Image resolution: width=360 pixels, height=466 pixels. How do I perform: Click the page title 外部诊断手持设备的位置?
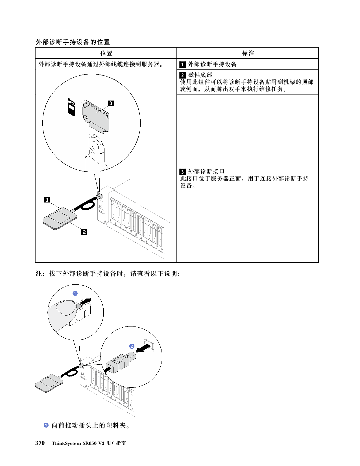73,42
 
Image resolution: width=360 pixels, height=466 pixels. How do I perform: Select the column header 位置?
106,53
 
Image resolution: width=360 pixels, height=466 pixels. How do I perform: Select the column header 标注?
248,53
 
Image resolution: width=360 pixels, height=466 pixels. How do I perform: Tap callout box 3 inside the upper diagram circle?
111,103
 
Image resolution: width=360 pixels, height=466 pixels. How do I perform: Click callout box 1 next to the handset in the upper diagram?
47,200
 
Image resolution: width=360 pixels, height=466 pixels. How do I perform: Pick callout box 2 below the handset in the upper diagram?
84,232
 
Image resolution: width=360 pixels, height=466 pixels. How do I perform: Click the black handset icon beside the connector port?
72,107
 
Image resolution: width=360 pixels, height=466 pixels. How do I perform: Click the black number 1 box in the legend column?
182,64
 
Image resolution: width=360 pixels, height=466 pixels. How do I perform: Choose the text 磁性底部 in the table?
200,75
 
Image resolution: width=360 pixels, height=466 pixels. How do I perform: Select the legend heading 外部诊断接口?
206,171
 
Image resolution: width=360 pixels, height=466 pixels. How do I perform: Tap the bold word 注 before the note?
39,273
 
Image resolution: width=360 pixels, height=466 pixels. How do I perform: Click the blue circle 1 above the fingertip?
75,293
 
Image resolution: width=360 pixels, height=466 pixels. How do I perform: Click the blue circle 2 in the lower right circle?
132,346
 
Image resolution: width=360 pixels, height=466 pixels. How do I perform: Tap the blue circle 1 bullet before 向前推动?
46,425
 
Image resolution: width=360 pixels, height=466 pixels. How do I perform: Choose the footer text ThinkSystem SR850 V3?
78,443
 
